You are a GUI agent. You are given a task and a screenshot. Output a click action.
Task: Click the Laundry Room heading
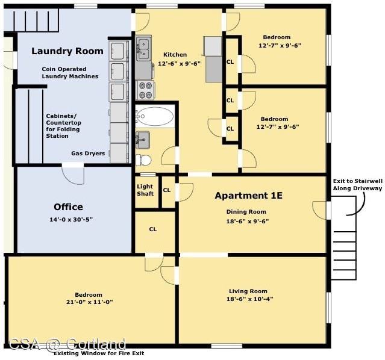tap(67, 51)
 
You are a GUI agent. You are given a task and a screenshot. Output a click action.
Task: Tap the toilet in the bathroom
tap(143, 160)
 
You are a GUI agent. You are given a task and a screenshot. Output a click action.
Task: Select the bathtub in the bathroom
tap(155, 116)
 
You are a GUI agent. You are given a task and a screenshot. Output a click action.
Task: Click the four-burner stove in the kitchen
tap(145, 90)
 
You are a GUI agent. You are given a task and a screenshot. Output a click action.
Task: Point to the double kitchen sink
tap(143, 49)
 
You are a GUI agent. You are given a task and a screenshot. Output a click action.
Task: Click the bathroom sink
tap(143, 140)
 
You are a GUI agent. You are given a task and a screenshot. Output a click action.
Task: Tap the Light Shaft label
tap(145, 190)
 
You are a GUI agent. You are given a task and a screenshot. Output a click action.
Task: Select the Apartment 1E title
tap(248, 196)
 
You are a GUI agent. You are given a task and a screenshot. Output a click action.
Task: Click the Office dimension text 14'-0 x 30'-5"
tap(71, 219)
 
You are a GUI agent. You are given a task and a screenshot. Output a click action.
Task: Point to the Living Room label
tap(248, 291)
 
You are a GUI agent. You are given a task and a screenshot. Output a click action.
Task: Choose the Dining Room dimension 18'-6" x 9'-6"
tap(248, 221)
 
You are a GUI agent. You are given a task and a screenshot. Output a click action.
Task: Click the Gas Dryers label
tap(88, 154)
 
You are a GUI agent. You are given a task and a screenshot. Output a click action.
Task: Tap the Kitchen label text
tap(175, 54)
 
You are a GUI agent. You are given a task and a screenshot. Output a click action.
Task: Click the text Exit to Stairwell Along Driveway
tap(357, 185)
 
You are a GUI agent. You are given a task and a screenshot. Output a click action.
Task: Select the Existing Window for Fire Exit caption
tap(99, 353)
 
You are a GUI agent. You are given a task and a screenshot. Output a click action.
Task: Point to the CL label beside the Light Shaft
tap(167, 190)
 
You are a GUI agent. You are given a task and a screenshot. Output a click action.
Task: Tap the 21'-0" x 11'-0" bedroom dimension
tap(89, 302)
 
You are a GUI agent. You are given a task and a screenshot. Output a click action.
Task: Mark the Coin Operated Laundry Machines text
tap(70, 73)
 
